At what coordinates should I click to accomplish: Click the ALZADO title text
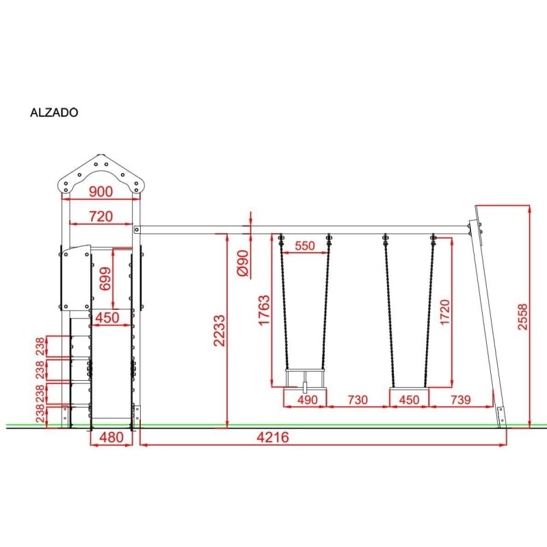click(x=54, y=112)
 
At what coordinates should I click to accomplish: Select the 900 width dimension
click(x=101, y=191)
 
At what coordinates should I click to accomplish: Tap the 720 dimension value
click(x=101, y=216)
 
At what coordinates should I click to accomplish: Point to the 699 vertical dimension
click(x=105, y=278)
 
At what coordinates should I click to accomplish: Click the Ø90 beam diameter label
click(x=243, y=263)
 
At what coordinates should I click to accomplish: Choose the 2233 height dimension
click(x=219, y=331)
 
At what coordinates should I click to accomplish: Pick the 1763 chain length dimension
click(x=264, y=310)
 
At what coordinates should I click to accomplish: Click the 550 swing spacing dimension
click(x=305, y=245)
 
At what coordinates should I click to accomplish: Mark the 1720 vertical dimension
click(x=445, y=312)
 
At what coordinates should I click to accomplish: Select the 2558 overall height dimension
click(x=522, y=317)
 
